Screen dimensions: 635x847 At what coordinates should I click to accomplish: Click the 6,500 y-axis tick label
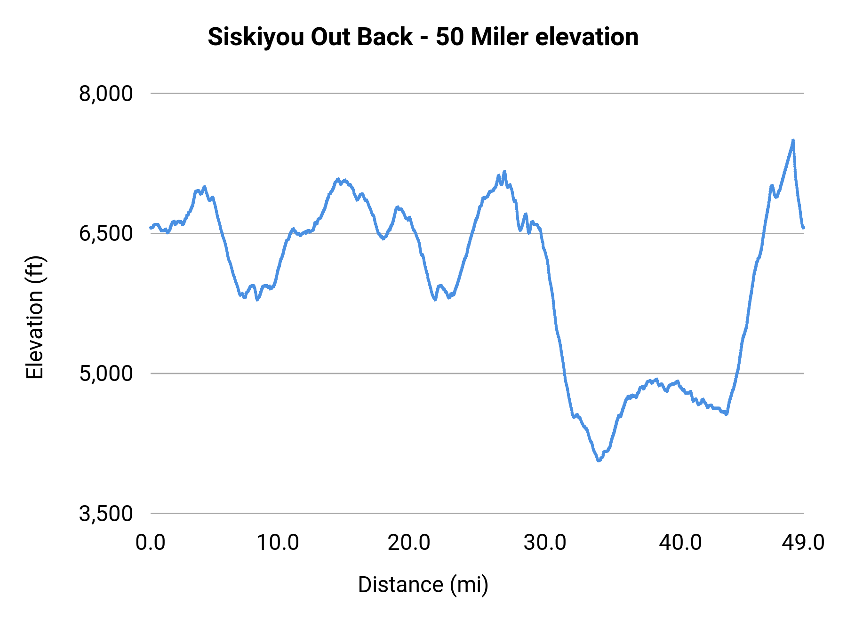click(106, 234)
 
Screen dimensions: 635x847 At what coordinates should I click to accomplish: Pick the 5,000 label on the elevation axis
click(106, 374)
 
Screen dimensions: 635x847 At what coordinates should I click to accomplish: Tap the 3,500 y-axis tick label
click(106, 514)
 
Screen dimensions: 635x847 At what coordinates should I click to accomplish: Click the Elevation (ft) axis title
click(35, 317)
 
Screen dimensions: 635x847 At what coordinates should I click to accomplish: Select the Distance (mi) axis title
click(423, 585)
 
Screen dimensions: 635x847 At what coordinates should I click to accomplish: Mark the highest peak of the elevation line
click(793, 140)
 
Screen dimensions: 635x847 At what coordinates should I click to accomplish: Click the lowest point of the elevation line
click(599, 460)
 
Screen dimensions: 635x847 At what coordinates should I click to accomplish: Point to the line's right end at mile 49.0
click(804, 228)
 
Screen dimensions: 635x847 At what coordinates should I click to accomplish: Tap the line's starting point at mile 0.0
click(151, 228)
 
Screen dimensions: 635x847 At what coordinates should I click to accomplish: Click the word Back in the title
click(384, 37)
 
